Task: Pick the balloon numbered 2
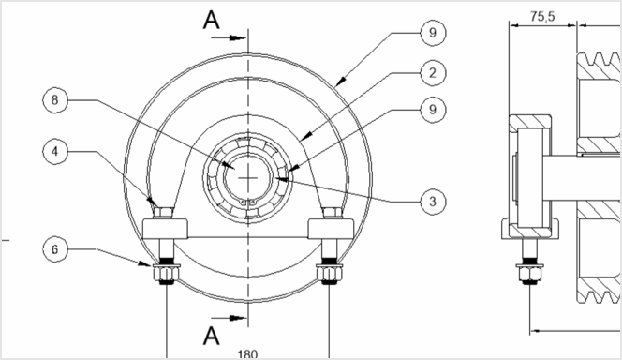click(x=431, y=71)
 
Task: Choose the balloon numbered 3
click(x=431, y=200)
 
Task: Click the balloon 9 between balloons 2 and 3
click(x=431, y=111)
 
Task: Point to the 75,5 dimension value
click(x=538, y=16)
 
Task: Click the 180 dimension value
click(x=247, y=353)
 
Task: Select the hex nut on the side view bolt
click(x=528, y=274)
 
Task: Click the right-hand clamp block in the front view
click(x=331, y=227)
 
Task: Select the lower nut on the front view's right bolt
click(x=330, y=274)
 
